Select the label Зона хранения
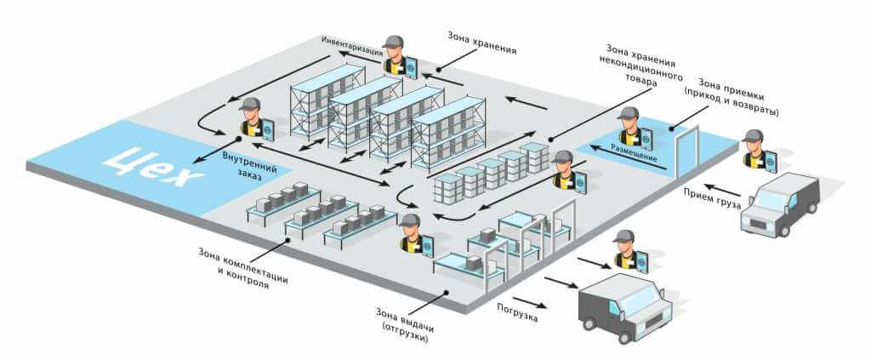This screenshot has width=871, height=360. tap(481, 38)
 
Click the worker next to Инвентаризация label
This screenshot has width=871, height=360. tap(394, 55)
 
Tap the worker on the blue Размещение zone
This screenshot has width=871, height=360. tap(630, 127)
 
